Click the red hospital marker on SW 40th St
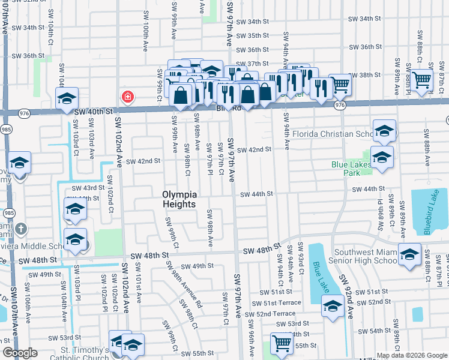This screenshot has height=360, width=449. click(x=127, y=97)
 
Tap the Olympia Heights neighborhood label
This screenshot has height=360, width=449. click(x=179, y=199)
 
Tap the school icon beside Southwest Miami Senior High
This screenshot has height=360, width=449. click(x=409, y=254)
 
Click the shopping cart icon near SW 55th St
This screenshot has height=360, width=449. click(x=281, y=343)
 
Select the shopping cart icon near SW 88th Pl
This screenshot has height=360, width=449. click(x=423, y=78)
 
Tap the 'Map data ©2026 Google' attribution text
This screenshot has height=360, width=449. click(x=411, y=355)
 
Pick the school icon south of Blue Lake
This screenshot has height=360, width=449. click(x=332, y=308)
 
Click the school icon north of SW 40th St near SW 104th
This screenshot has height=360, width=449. click(x=67, y=97)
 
